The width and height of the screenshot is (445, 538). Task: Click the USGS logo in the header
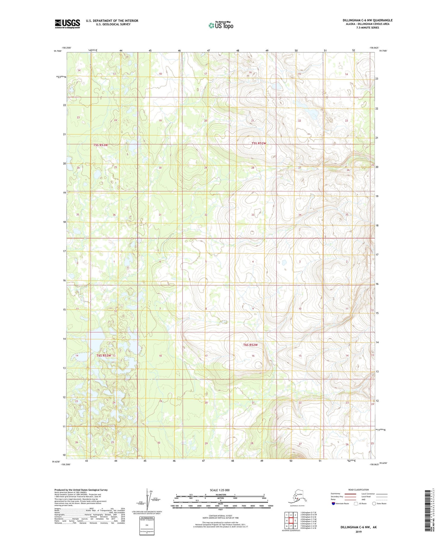[67, 24]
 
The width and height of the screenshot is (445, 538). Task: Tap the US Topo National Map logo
[221, 25]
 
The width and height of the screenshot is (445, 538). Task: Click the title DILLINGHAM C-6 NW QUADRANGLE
[367, 20]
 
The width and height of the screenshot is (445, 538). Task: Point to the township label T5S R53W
[100, 145]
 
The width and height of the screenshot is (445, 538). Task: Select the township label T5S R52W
[259, 143]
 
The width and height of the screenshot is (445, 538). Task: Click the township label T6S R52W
[250, 345]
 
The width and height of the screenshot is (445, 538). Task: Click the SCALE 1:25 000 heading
[220, 490]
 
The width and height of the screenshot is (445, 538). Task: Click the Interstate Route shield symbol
[333, 504]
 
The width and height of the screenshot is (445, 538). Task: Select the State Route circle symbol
[374, 504]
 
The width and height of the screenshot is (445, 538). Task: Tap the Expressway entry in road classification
[336, 493]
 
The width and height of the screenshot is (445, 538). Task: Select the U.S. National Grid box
[147, 526]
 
